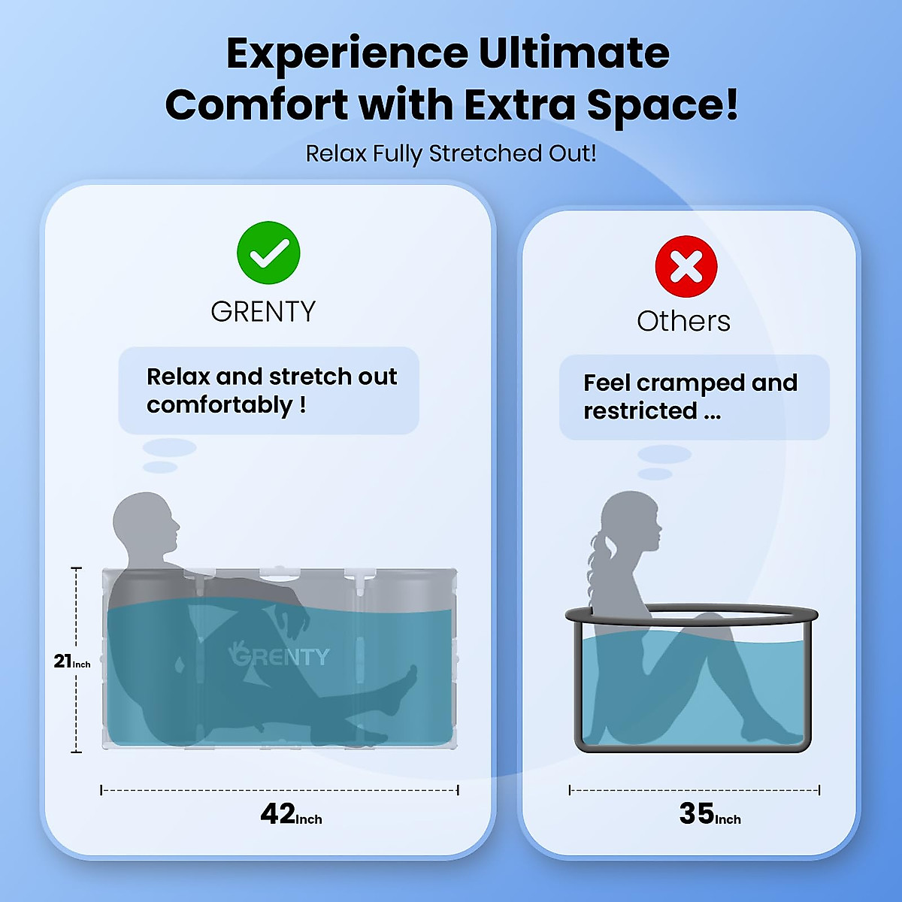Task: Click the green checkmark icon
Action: (268, 253)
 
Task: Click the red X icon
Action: (686, 266)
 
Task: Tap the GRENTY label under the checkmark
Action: (263, 311)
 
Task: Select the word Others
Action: (683, 321)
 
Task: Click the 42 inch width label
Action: (291, 814)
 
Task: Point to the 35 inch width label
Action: (710, 814)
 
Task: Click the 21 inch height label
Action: (71, 661)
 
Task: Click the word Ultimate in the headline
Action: (574, 53)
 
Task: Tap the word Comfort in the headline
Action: (256, 104)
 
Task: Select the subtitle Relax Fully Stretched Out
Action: (451, 153)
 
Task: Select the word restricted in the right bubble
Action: (640, 411)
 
